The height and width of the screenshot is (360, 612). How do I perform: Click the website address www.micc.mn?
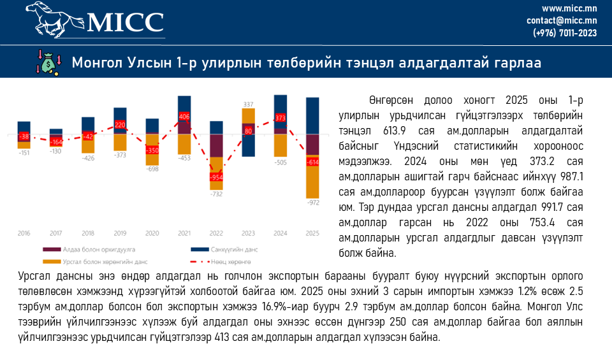coord(569,8)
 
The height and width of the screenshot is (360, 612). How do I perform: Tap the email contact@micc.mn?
coord(562,20)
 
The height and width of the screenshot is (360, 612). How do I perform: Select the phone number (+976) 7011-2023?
coord(565,32)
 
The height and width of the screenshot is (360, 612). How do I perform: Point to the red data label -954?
coord(217,176)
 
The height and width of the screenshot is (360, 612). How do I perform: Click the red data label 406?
coord(184,117)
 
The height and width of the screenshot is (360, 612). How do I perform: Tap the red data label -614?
coord(313,162)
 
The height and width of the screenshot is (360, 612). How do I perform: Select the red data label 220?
coord(120,125)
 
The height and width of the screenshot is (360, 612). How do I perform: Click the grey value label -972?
coord(313,203)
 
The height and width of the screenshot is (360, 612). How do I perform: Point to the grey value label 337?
coord(249,104)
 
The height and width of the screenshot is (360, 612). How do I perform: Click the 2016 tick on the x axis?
coord(24,233)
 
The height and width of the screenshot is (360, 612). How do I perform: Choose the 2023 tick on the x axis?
coord(249,233)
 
